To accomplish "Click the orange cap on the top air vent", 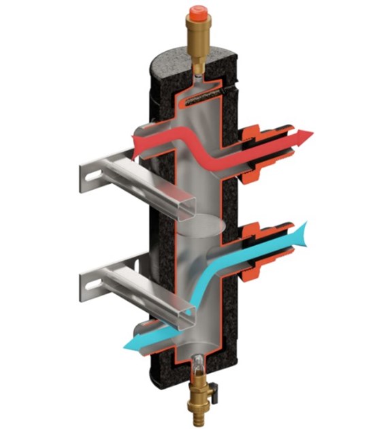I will pyautogui.click(x=198, y=12).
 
